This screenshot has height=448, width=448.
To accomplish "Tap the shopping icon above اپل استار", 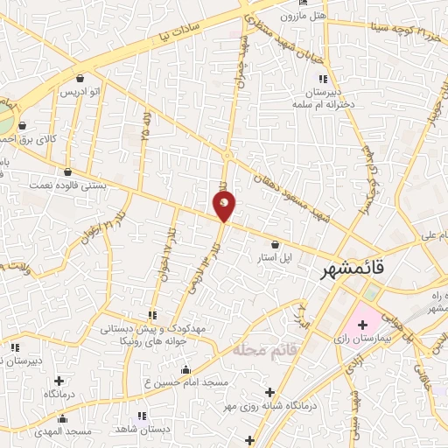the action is [276, 244].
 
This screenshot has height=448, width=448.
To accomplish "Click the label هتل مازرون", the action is [303, 16].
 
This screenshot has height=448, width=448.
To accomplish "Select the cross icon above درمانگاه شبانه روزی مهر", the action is [269, 391].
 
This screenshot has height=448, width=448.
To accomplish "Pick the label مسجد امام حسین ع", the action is [185, 382].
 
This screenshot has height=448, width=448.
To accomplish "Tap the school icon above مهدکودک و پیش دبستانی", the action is [154, 314].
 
